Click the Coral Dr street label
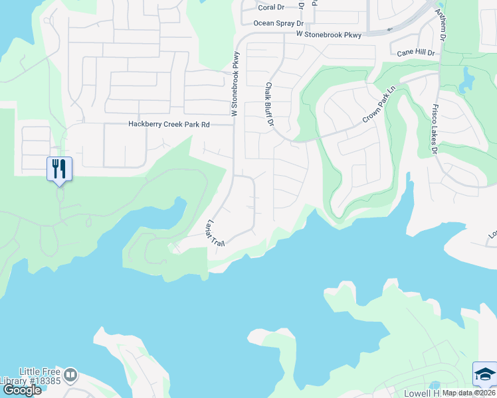(271, 8)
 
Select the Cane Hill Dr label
(416, 52)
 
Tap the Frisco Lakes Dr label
(435, 129)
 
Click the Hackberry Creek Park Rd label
(169, 125)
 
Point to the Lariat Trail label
(217, 233)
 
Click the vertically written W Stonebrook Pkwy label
(235, 85)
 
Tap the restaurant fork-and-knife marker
(59, 169)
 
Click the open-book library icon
(70, 375)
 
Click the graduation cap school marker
(484, 374)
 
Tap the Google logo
(21, 390)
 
